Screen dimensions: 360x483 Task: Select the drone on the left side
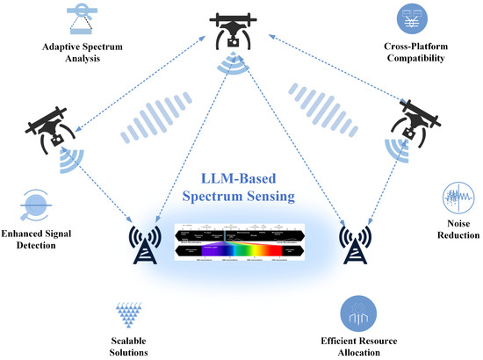(50, 128)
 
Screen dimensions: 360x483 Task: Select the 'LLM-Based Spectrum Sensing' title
(242, 194)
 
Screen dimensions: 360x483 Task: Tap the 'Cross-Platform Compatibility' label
(408, 53)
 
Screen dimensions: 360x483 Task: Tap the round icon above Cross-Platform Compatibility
(408, 18)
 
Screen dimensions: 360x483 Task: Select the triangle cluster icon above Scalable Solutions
(133, 309)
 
